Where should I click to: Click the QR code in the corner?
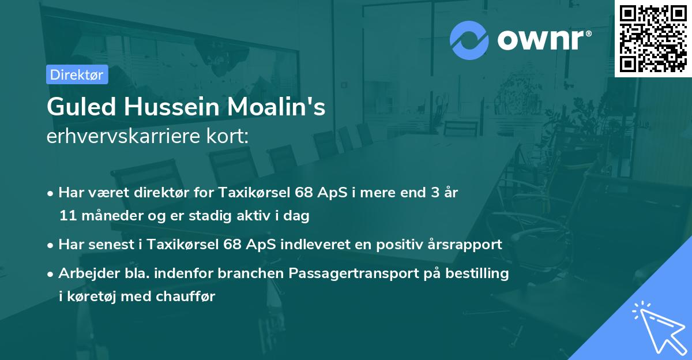pyautogui.click(x=653, y=38)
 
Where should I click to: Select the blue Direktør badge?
pyautogui.click(x=77, y=74)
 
